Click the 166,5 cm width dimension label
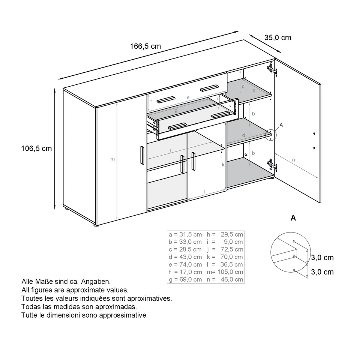(x=145, y=46)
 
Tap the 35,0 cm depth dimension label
(x=277, y=37)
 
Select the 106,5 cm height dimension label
(x=36, y=148)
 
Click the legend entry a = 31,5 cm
(x=185, y=234)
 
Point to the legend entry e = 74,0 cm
(x=185, y=264)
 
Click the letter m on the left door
(x=112, y=159)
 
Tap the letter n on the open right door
(x=293, y=160)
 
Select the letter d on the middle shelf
(x=243, y=135)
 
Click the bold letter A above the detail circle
(x=293, y=218)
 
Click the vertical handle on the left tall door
(x=142, y=154)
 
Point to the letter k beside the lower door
(x=223, y=165)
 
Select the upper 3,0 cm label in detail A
(x=322, y=258)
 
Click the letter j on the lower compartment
(x=171, y=150)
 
